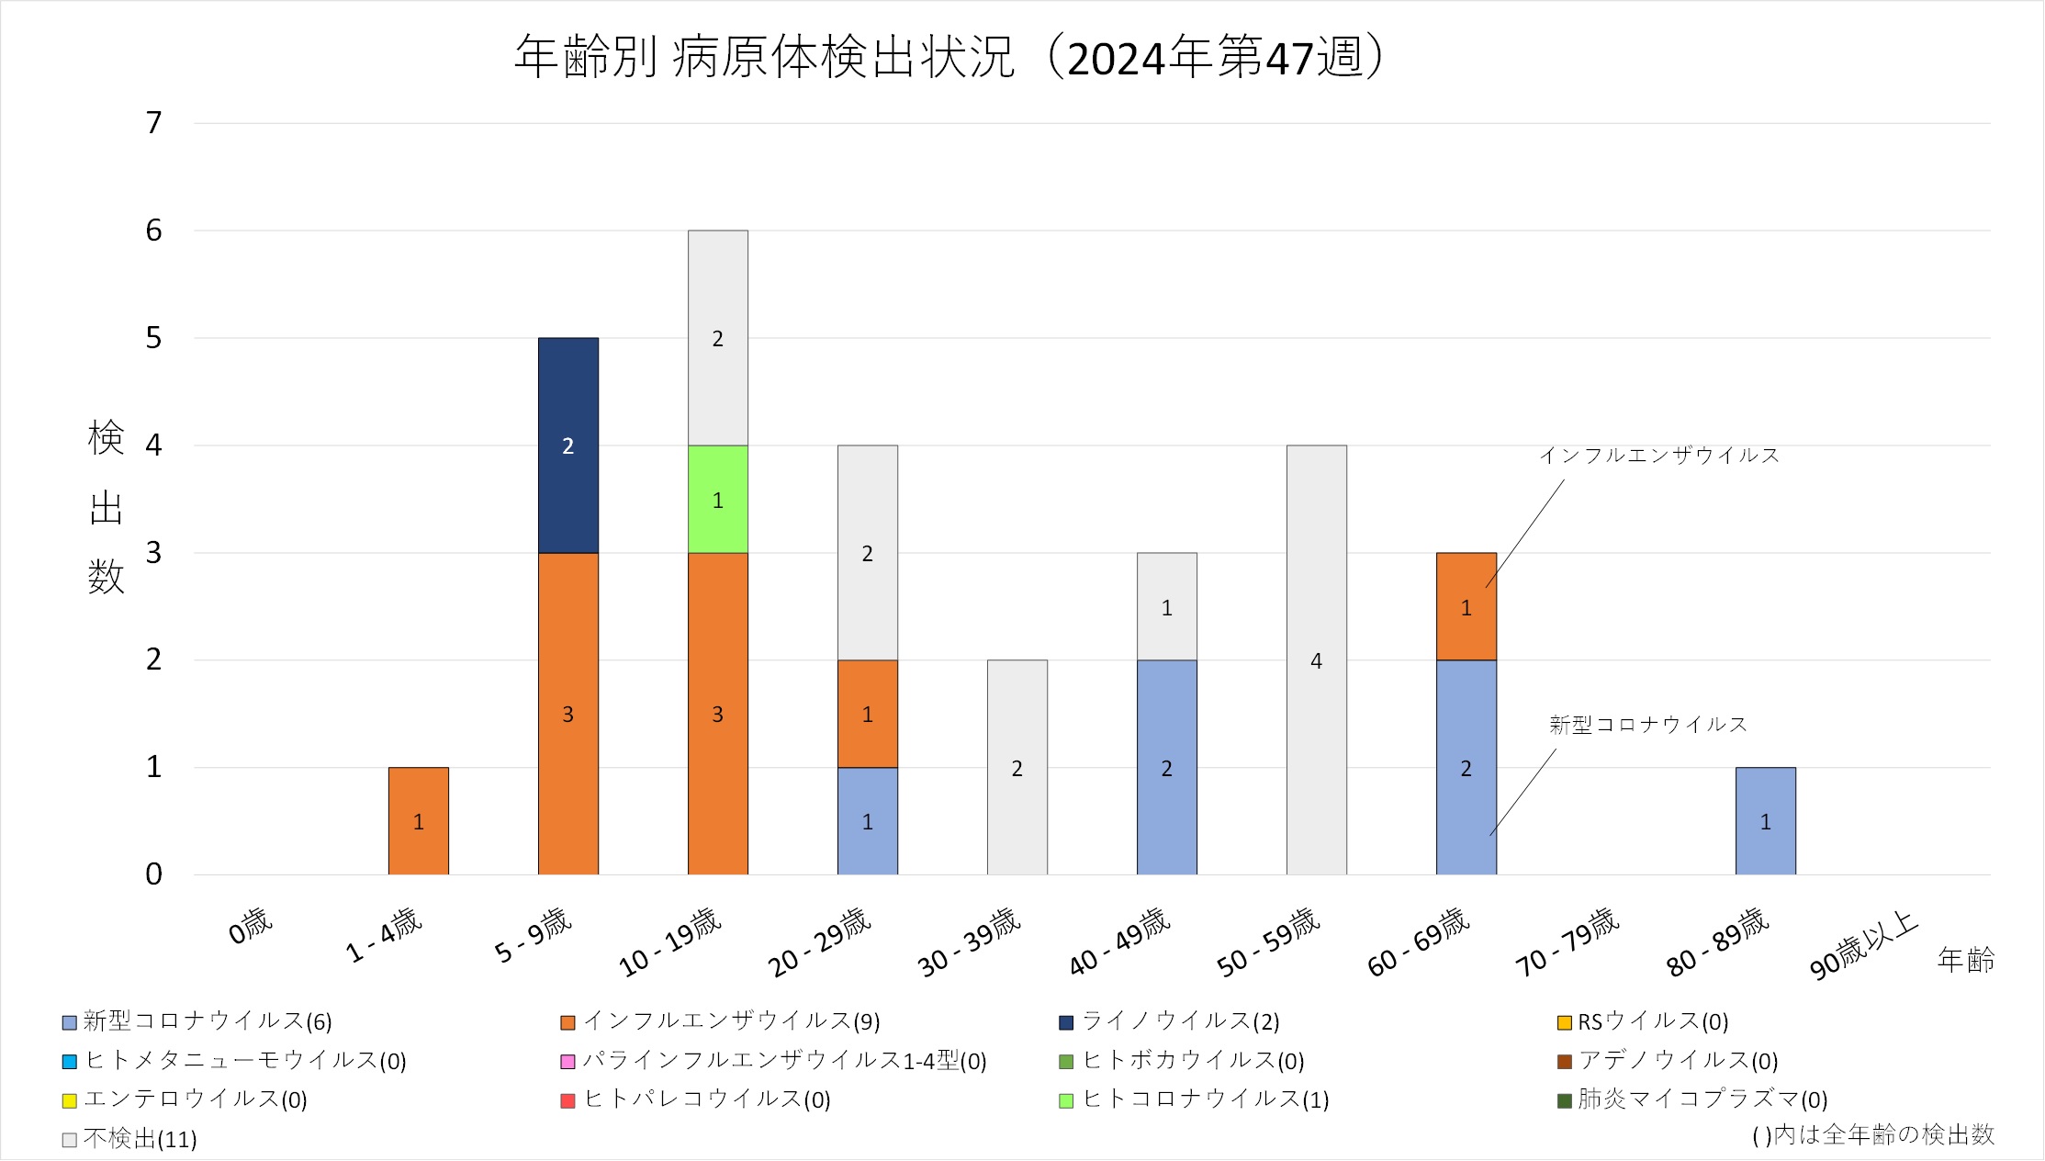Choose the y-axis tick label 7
153,123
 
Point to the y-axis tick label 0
153,874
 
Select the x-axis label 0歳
251,925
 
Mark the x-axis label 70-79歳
1567,941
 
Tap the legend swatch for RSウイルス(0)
1565,1022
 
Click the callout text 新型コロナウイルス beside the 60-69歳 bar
1647,725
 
